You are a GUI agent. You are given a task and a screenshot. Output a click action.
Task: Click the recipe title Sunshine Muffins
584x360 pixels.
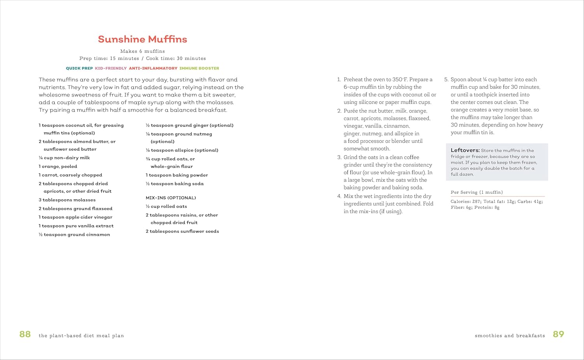tap(142, 39)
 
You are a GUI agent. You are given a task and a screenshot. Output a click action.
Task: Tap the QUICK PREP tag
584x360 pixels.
tap(79, 68)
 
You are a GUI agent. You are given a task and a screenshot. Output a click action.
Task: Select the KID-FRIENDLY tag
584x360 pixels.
tap(111, 68)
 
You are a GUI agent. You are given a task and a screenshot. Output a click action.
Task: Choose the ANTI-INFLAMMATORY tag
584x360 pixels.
tap(153, 68)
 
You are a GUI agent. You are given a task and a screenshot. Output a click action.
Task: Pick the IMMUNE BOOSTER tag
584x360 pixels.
tap(199, 68)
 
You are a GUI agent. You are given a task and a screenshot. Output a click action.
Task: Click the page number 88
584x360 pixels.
tap(25, 334)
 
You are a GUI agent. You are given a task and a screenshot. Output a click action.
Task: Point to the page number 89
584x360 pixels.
tap(558, 334)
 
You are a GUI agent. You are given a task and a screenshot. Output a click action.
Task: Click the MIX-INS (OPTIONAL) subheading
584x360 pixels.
tap(171, 198)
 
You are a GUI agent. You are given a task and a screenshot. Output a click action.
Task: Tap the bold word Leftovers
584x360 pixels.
tap(465, 150)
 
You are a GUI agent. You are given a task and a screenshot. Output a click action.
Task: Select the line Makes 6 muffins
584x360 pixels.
tap(142, 51)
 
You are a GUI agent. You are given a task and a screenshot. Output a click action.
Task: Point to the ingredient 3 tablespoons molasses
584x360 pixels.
tap(67, 200)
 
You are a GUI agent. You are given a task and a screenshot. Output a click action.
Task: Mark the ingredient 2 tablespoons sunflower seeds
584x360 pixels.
tap(182, 231)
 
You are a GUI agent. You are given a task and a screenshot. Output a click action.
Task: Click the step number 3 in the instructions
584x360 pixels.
tap(339, 157)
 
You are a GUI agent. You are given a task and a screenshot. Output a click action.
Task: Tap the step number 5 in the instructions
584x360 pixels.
tap(446, 79)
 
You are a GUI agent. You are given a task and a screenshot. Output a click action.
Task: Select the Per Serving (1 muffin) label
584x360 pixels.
tap(477, 192)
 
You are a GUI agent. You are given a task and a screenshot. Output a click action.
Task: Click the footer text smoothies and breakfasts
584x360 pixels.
tap(510, 335)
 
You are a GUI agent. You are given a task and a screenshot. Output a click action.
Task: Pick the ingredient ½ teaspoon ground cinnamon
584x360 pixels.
tap(74, 235)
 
